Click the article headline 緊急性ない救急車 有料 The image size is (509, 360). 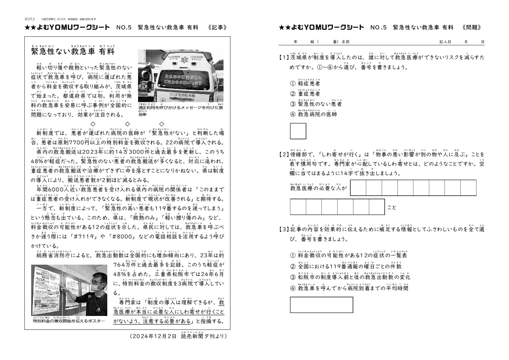click(73, 52)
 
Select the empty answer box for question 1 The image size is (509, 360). click(298, 131)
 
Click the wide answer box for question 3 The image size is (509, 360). click(321, 305)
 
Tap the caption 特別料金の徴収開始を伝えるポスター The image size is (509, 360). click(68, 320)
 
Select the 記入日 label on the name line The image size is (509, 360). click(445, 42)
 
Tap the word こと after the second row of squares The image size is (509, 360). click(391, 208)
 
